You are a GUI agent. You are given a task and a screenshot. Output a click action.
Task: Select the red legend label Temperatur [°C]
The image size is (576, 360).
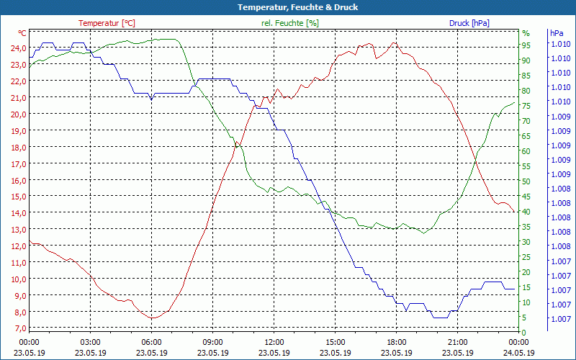(107, 23)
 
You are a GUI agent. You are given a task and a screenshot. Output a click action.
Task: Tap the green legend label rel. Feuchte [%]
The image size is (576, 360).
(289, 23)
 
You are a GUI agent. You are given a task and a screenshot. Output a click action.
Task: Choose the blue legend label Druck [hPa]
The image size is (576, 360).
(469, 23)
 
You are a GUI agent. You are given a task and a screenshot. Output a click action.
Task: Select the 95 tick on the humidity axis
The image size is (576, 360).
(526, 45)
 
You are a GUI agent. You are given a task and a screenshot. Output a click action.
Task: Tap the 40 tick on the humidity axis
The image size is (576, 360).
(526, 212)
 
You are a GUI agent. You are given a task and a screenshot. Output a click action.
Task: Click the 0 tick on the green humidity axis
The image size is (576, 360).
(524, 332)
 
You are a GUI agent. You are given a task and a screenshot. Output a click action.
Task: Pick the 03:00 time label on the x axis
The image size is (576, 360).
(90, 342)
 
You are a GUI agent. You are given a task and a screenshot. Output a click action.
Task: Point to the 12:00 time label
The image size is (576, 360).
(274, 342)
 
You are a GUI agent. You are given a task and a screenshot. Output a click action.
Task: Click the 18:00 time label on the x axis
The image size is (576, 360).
(397, 342)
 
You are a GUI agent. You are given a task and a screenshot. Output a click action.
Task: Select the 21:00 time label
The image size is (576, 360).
(458, 342)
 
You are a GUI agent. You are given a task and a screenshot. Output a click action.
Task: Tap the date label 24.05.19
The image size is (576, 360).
(519, 353)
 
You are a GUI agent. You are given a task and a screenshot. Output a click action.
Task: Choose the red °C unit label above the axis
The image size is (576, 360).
(22, 33)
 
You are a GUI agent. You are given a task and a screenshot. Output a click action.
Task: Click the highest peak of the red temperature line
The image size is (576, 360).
(393, 42)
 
